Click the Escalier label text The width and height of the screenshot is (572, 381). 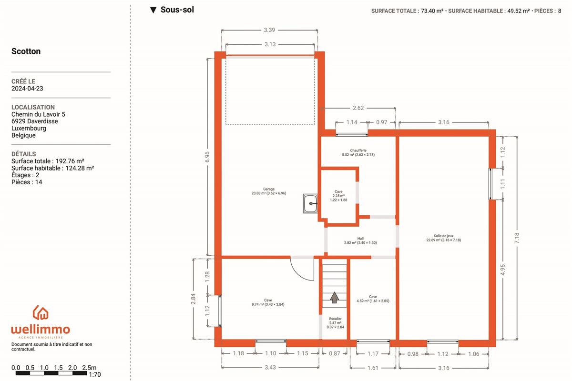pos(335,319)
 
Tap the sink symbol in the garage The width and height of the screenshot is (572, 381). pos(310,203)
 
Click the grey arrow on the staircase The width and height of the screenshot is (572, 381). pos(334,297)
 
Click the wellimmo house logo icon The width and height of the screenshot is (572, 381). pos(41,312)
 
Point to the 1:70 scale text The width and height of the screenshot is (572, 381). pos(94,374)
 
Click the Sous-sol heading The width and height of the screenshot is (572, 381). pos(177,10)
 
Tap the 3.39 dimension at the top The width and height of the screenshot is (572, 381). pos(269,30)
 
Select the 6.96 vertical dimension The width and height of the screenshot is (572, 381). pos(207,157)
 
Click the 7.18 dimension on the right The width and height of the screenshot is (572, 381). pos(517,238)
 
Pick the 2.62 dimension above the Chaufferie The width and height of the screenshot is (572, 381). pos(358,108)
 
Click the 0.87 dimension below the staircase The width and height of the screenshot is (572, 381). pos(334,353)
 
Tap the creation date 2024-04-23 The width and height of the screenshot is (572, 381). pos(27,88)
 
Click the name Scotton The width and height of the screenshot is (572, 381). pos(26,51)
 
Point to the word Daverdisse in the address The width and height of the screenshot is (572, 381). pos(42,121)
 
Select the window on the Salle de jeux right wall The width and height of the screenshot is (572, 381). pos(490,184)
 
